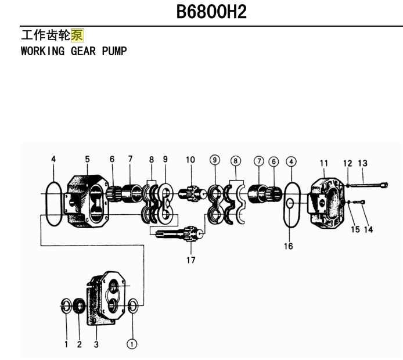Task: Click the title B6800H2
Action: (x=211, y=12)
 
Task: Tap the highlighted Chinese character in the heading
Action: (x=77, y=35)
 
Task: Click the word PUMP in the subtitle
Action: (x=114, y=51)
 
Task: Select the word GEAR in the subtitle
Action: (x=83, y=51)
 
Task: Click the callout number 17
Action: (x=191, y=260)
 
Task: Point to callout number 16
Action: (x=289, y=246)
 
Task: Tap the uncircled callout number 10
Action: (x=190, y=160)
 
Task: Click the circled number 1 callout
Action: (x=132, y=344)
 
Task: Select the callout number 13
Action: (x=363, y=163)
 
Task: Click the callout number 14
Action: (x=368, y=229)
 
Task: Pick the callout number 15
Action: (x=355, y=229)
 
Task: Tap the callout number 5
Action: (x=87, y=159)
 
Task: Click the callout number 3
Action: (x=96, y=344)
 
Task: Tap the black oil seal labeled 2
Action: (x=80, y=306)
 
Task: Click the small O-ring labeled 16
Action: (x=290, y=203)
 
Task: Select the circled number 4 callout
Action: (x=291, y=162)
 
